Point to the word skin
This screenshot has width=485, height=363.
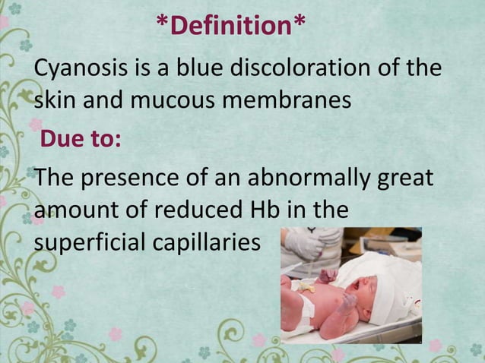[55, 101]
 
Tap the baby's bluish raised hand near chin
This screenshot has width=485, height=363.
[346, 301]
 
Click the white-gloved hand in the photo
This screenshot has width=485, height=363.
[304, 247]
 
